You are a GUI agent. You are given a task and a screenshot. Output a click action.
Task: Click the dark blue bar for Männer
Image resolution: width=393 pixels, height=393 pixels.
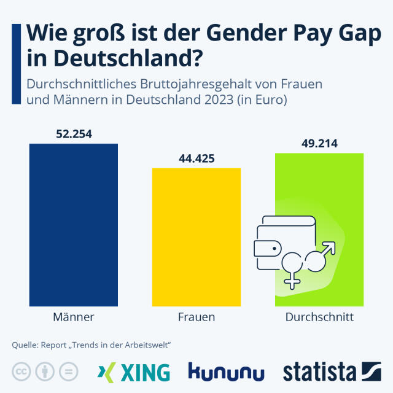pyautogui.click(x=73, y=224)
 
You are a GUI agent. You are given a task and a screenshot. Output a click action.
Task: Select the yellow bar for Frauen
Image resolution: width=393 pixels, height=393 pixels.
pyautogui.click(x=196, y=236)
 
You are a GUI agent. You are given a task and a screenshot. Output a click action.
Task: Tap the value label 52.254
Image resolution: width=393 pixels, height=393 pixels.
pyautogui.click(x=73, y=133)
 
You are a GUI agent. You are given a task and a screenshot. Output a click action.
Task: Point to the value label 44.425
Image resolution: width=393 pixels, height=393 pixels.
pyautogui.click(x=196, y=158)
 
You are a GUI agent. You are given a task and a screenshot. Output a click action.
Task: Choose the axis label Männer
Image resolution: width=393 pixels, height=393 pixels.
pyautogui.click(x=73, y=317)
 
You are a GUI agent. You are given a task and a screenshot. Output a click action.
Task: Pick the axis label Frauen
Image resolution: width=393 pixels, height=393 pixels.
pyautogui.click(x=196, y=317)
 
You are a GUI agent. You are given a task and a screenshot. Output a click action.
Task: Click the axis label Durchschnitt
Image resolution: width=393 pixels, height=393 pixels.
pyautogui.click(x=319, y=317)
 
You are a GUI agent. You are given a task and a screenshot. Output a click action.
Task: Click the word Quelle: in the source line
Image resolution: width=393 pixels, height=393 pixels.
pyautogui.click(x=25, y=346)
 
